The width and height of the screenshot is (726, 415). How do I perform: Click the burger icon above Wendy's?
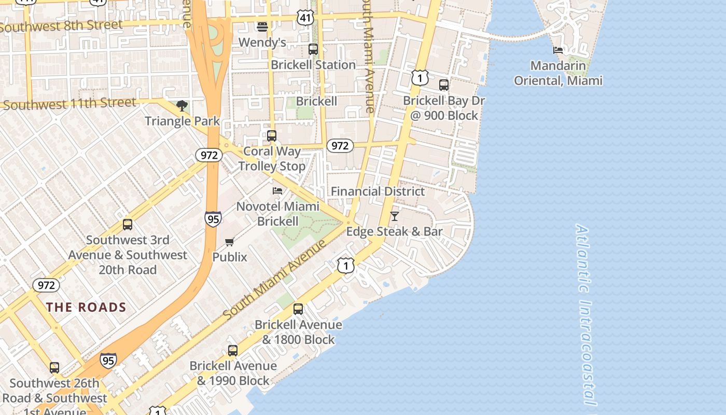point(262,26)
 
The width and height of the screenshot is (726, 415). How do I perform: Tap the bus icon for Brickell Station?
point(313,49)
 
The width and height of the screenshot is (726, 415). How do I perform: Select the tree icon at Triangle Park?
point(181,106)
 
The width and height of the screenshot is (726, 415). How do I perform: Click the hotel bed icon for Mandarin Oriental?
point(558,50)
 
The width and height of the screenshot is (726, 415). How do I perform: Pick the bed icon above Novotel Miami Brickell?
point(277,191)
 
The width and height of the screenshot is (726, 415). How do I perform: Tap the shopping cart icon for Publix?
point(230,242)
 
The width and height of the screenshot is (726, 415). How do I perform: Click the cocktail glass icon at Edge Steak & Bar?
point(395,216)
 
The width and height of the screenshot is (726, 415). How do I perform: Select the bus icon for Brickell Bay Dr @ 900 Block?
point(443,85)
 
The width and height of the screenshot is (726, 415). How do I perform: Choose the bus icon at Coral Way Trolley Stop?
point(271,136)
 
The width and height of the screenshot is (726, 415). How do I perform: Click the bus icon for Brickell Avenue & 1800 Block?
point(298,309)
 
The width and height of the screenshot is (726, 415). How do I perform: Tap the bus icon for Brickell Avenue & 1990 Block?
point(233,351)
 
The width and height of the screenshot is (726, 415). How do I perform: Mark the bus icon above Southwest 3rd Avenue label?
point(128,225)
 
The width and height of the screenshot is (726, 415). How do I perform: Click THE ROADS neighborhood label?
point(86,307)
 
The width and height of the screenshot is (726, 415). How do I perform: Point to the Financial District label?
point(378,191)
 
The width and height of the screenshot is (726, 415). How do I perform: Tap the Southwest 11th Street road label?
point(69,104)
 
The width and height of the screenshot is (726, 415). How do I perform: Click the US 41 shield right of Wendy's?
point(305,18)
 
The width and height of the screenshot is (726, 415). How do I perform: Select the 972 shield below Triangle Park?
point(208,155)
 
